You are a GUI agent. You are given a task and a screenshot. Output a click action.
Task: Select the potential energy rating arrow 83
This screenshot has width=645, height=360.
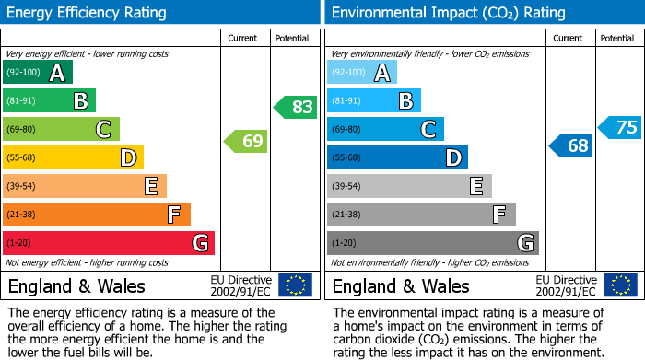296,107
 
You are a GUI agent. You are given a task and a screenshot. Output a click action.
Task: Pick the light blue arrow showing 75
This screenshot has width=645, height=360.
620,127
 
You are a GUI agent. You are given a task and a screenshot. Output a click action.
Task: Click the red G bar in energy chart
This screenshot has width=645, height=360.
109,243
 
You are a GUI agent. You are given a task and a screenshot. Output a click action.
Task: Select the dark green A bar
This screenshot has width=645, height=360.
38,73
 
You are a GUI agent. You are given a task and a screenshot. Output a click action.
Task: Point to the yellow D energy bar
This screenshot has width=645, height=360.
74,158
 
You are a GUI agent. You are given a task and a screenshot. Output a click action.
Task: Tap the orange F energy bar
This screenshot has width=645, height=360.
97,215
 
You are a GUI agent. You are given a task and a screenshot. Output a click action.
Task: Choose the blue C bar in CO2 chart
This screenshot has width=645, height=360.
385,130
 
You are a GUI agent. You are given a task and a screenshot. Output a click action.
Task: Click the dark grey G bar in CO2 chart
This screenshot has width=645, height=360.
433,243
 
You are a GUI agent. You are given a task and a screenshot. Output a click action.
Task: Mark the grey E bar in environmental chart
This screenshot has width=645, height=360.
409,186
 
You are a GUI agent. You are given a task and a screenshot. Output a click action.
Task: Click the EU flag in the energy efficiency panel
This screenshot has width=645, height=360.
295,285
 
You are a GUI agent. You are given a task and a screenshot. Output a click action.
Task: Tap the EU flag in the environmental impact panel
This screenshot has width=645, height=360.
621,285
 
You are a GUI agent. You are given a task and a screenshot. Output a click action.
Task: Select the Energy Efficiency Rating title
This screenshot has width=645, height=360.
88,13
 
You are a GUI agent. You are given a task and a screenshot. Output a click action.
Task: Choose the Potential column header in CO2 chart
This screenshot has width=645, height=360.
617,38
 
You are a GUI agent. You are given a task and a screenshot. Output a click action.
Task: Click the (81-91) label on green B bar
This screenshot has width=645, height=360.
23,101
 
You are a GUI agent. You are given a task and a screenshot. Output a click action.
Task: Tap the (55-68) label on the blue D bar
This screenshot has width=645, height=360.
348,158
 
